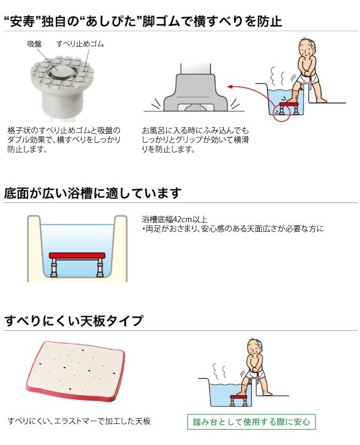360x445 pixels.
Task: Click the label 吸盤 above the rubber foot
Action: point(34,44)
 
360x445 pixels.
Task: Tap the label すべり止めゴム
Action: point(80,44)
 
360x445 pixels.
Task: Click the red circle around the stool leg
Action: point(281,113)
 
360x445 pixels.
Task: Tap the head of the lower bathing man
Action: point(254,347)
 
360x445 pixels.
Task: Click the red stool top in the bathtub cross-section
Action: point(77,256)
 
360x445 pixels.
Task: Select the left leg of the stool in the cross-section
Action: point(54,268)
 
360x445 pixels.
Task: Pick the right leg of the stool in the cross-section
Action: point(100,268)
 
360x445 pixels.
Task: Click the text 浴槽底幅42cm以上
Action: point(175,219)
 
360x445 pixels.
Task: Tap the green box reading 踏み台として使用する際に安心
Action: point(251,422)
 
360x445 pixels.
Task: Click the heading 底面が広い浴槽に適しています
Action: point(92,193)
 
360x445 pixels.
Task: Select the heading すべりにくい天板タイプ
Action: point(74,321)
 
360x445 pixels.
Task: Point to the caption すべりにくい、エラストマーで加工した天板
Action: point(79,421)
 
